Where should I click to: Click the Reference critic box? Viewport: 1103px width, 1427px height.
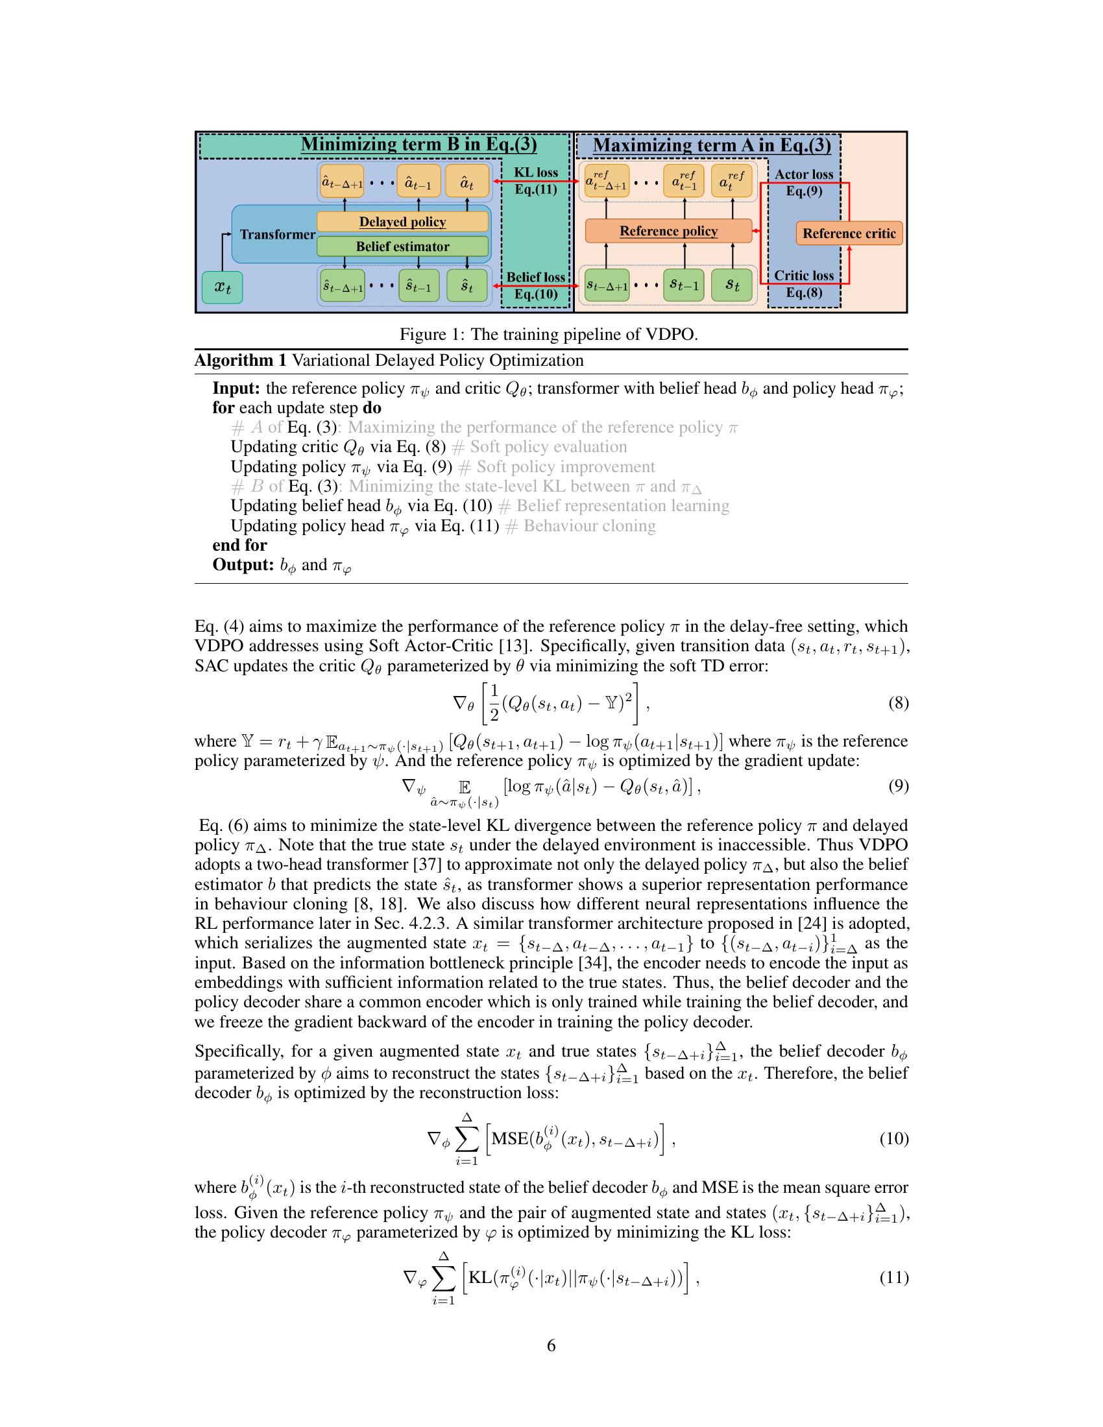coord(849,234)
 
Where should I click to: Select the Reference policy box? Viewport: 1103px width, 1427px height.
coord(668,232)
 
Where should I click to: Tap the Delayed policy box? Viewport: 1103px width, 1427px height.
coord(402,222)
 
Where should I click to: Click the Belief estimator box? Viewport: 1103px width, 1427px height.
coord(402,246)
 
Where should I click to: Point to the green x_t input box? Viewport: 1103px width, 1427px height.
coord(222,287)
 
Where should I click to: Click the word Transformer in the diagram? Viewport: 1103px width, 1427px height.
coord(277,235)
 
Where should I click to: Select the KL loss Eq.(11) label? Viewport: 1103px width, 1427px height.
coord(536,181)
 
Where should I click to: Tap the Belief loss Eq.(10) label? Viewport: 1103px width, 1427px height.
coord(536,285)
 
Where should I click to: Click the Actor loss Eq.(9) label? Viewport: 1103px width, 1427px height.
coord(804,182)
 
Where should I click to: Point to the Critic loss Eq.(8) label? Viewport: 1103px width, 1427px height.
coord(804,283)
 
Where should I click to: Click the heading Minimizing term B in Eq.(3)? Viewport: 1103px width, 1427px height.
coord(419,145)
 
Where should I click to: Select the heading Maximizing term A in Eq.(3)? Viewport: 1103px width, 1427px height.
coord(712,145)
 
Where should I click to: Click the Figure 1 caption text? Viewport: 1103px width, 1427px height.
coord(549,335)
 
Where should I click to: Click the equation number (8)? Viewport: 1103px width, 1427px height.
coord(898,703)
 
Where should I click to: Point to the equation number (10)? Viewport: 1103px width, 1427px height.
coord(894,1140)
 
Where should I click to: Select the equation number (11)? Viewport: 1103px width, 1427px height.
coord(894,1277)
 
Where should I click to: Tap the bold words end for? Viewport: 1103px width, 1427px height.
coord(240,545)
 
